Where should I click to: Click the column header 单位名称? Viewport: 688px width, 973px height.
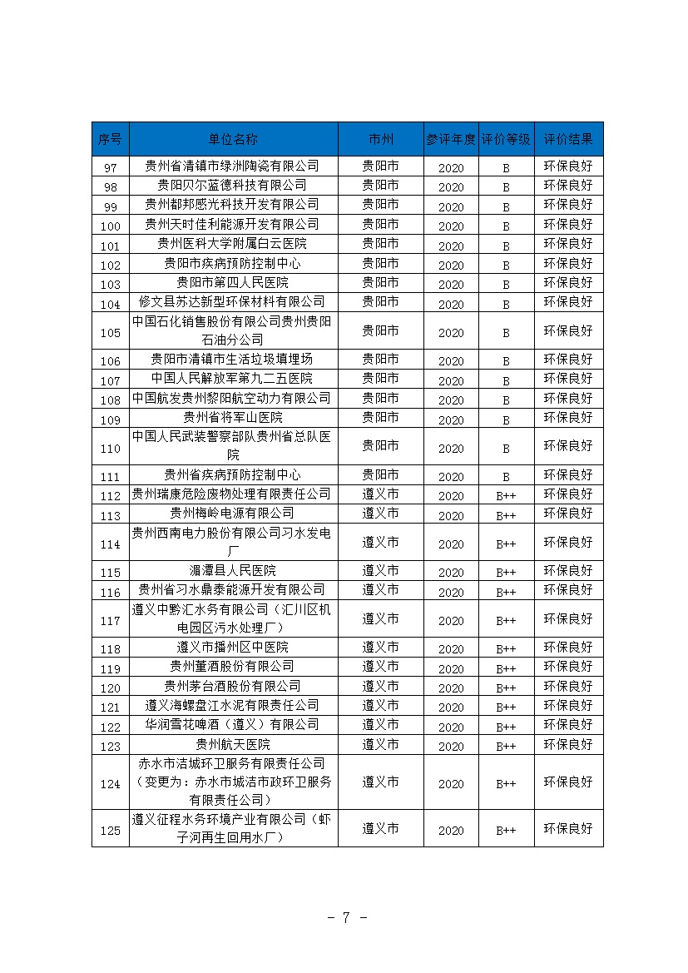(x=233, y=139)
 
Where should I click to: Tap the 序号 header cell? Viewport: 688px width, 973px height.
(x=110, y=139)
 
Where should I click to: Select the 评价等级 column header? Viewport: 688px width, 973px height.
(x=506, y=139)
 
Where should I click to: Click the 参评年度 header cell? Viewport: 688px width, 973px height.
(x=450, y=139)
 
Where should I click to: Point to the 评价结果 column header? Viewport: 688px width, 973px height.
(x=568, y=139)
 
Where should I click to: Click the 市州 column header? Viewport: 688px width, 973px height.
(x=380, y=139)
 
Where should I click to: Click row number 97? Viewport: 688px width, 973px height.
(x=110, y=167)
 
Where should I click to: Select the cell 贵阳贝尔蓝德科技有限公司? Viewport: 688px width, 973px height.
(x=233, y=185)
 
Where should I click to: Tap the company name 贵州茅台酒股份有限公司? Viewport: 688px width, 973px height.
(x=233, y=686)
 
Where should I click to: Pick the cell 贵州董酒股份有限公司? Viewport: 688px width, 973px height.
(x=233, y=667)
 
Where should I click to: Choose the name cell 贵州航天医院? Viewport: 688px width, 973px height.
(x=233, y=744)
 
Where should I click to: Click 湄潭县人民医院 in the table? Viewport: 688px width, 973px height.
(x=233, y=571)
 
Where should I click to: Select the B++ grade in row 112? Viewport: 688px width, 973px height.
(x=506, y=496)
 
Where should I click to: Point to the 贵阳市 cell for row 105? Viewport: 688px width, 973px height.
(x=380, y=331)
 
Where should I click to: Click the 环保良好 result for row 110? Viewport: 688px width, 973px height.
(x=568, y=447)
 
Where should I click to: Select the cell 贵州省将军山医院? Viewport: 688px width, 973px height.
(x=233, y=417)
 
